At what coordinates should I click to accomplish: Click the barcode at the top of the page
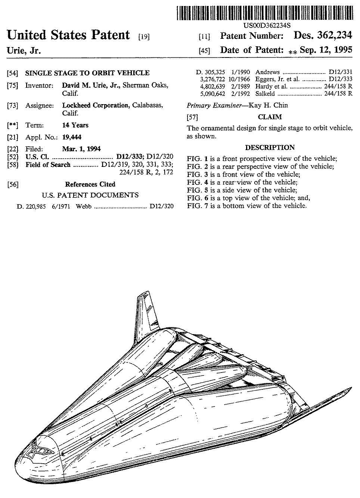tap(264, 13)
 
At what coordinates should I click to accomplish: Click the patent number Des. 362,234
tap(323, 35)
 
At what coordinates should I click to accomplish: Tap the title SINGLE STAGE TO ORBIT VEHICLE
tap(87, 73)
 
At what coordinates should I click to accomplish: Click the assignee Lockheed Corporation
tap(95, 105)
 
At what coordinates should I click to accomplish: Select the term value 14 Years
tap(75, 125)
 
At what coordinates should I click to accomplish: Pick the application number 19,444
tap(72, 137)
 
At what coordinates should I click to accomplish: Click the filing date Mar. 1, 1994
tap(81, 149)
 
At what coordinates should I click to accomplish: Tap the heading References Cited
tap(90, 184)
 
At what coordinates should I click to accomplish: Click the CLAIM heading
tap(270, 117)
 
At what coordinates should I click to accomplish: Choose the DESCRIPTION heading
tap(270, 147)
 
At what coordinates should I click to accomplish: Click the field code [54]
tap(12, 73)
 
